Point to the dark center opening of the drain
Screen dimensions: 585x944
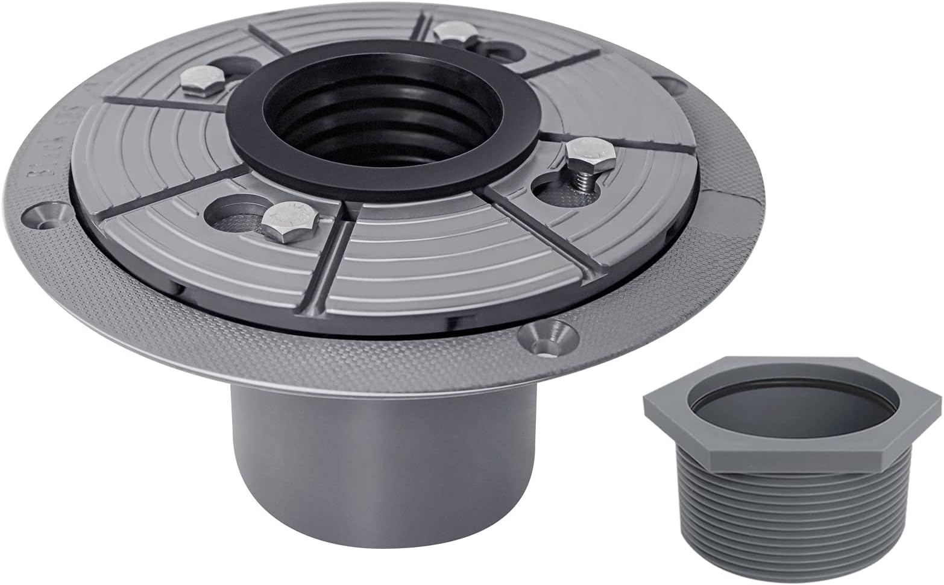[x=371, y=121]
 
